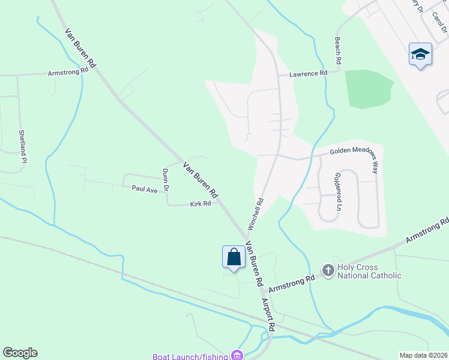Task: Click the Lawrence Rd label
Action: (x=308, y=73)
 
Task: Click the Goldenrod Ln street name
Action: (x=338, y=192)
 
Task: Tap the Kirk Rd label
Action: (x=200, y=204)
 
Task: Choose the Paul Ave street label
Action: (x=144, y=188)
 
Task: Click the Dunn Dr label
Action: (x=166, y=180)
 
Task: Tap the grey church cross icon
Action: (x=328, y=271)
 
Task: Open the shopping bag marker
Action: (x=234, y=256)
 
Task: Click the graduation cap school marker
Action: (x=420, y=54)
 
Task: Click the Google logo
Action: (x=20, y=353)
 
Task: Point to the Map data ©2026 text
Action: (x=423, y=355)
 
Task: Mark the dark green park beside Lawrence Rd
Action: (x=367, y=89)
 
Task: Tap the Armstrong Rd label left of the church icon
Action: (x=292, y=284)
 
